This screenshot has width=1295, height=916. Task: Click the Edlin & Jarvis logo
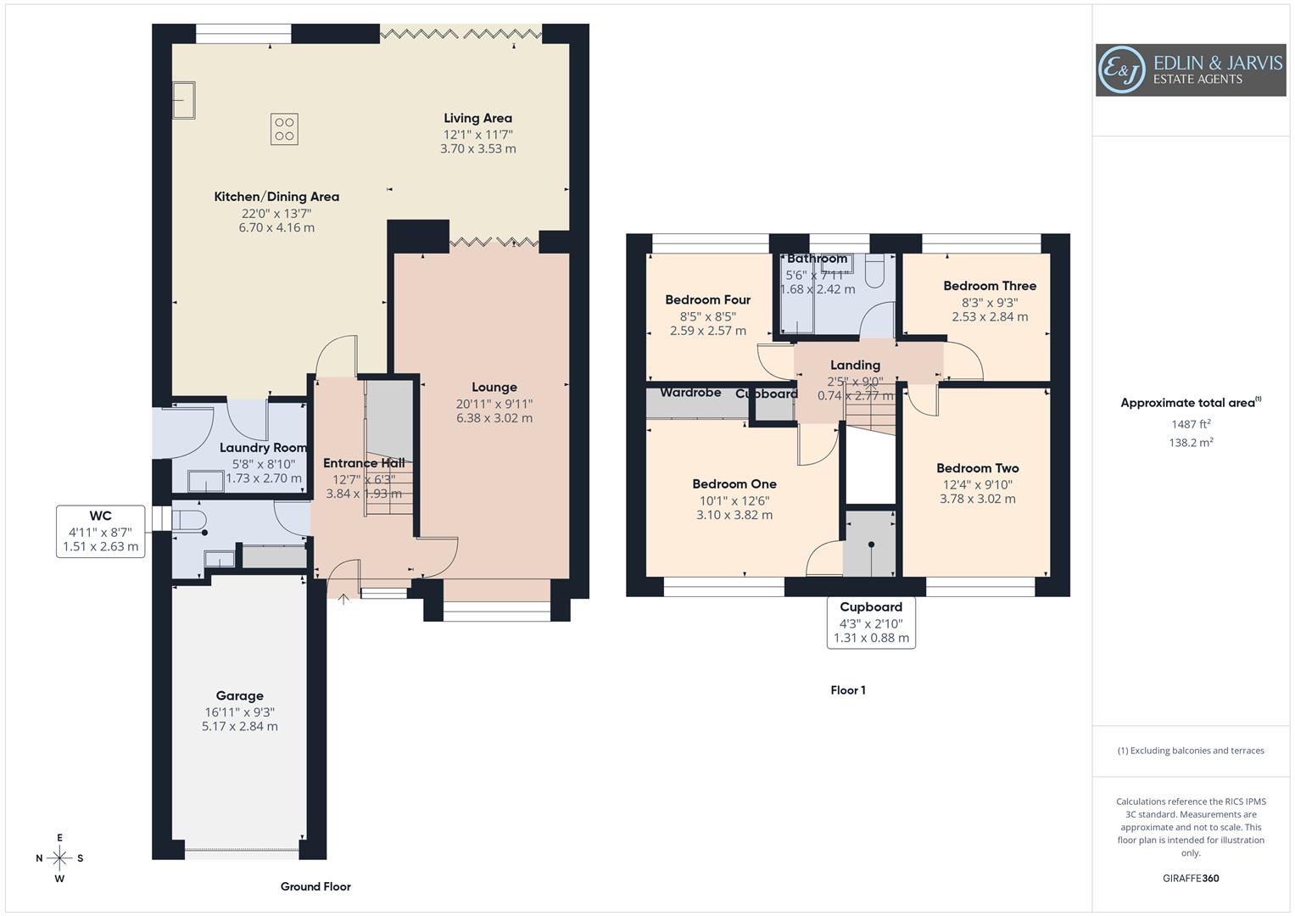point(1190,70)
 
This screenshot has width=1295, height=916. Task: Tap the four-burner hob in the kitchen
point(284,129)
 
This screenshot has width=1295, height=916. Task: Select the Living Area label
point(477,119)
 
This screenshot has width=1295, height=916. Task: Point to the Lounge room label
point(494,388)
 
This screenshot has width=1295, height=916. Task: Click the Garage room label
point(239,696)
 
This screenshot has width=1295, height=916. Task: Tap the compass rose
point(59,858)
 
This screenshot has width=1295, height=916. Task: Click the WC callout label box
point(101,531)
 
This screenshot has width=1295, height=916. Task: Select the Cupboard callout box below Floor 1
point(871,623)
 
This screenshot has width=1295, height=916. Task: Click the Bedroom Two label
point(977,468)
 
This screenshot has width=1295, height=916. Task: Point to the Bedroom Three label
point(990,286)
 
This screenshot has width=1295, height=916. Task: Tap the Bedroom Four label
point(707,299)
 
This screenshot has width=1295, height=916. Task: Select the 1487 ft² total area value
point(1191,424)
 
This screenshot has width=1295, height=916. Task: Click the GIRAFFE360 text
point(1190,878)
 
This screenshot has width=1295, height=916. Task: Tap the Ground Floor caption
point(315,886)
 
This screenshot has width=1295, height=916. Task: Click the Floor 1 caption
point(847,690)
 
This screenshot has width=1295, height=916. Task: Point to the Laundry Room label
point(263,448)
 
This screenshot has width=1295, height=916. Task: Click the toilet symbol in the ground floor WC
point(188,519)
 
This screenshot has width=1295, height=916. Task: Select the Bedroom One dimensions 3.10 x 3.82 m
point(734,515)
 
